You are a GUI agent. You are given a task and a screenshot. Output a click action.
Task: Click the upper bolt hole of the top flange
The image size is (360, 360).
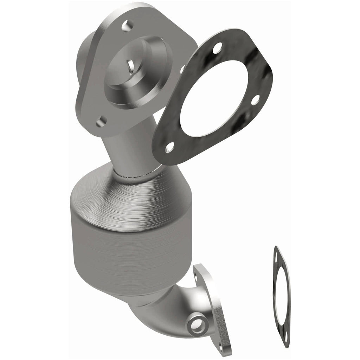click(127, 25)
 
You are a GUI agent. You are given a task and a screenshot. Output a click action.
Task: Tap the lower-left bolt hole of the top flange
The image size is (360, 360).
click(101, 121)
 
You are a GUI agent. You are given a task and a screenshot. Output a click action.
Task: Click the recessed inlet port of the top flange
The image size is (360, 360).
click(141, 70)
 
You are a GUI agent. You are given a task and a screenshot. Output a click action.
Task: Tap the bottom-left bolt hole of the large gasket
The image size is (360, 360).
click(169, 147)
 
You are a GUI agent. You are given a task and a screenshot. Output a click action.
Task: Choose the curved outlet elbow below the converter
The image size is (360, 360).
click(158, 309)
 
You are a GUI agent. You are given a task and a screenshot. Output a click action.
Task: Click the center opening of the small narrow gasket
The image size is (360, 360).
click(282, 295)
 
